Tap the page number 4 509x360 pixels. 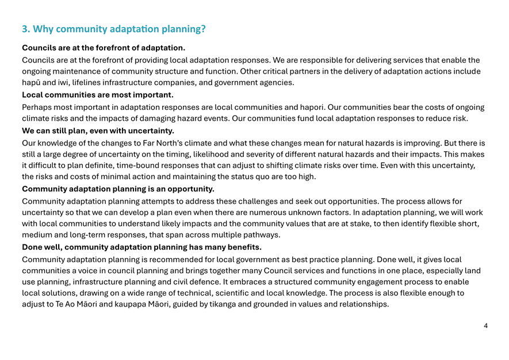click(x=486, y=326)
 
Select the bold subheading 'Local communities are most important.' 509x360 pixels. click(x=97, y=94)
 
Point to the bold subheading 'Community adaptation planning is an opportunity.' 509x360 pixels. click(x=118, y=188)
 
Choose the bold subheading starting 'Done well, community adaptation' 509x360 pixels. click(x=141, y=247)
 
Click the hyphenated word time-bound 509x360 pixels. click(x=141, y=166)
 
